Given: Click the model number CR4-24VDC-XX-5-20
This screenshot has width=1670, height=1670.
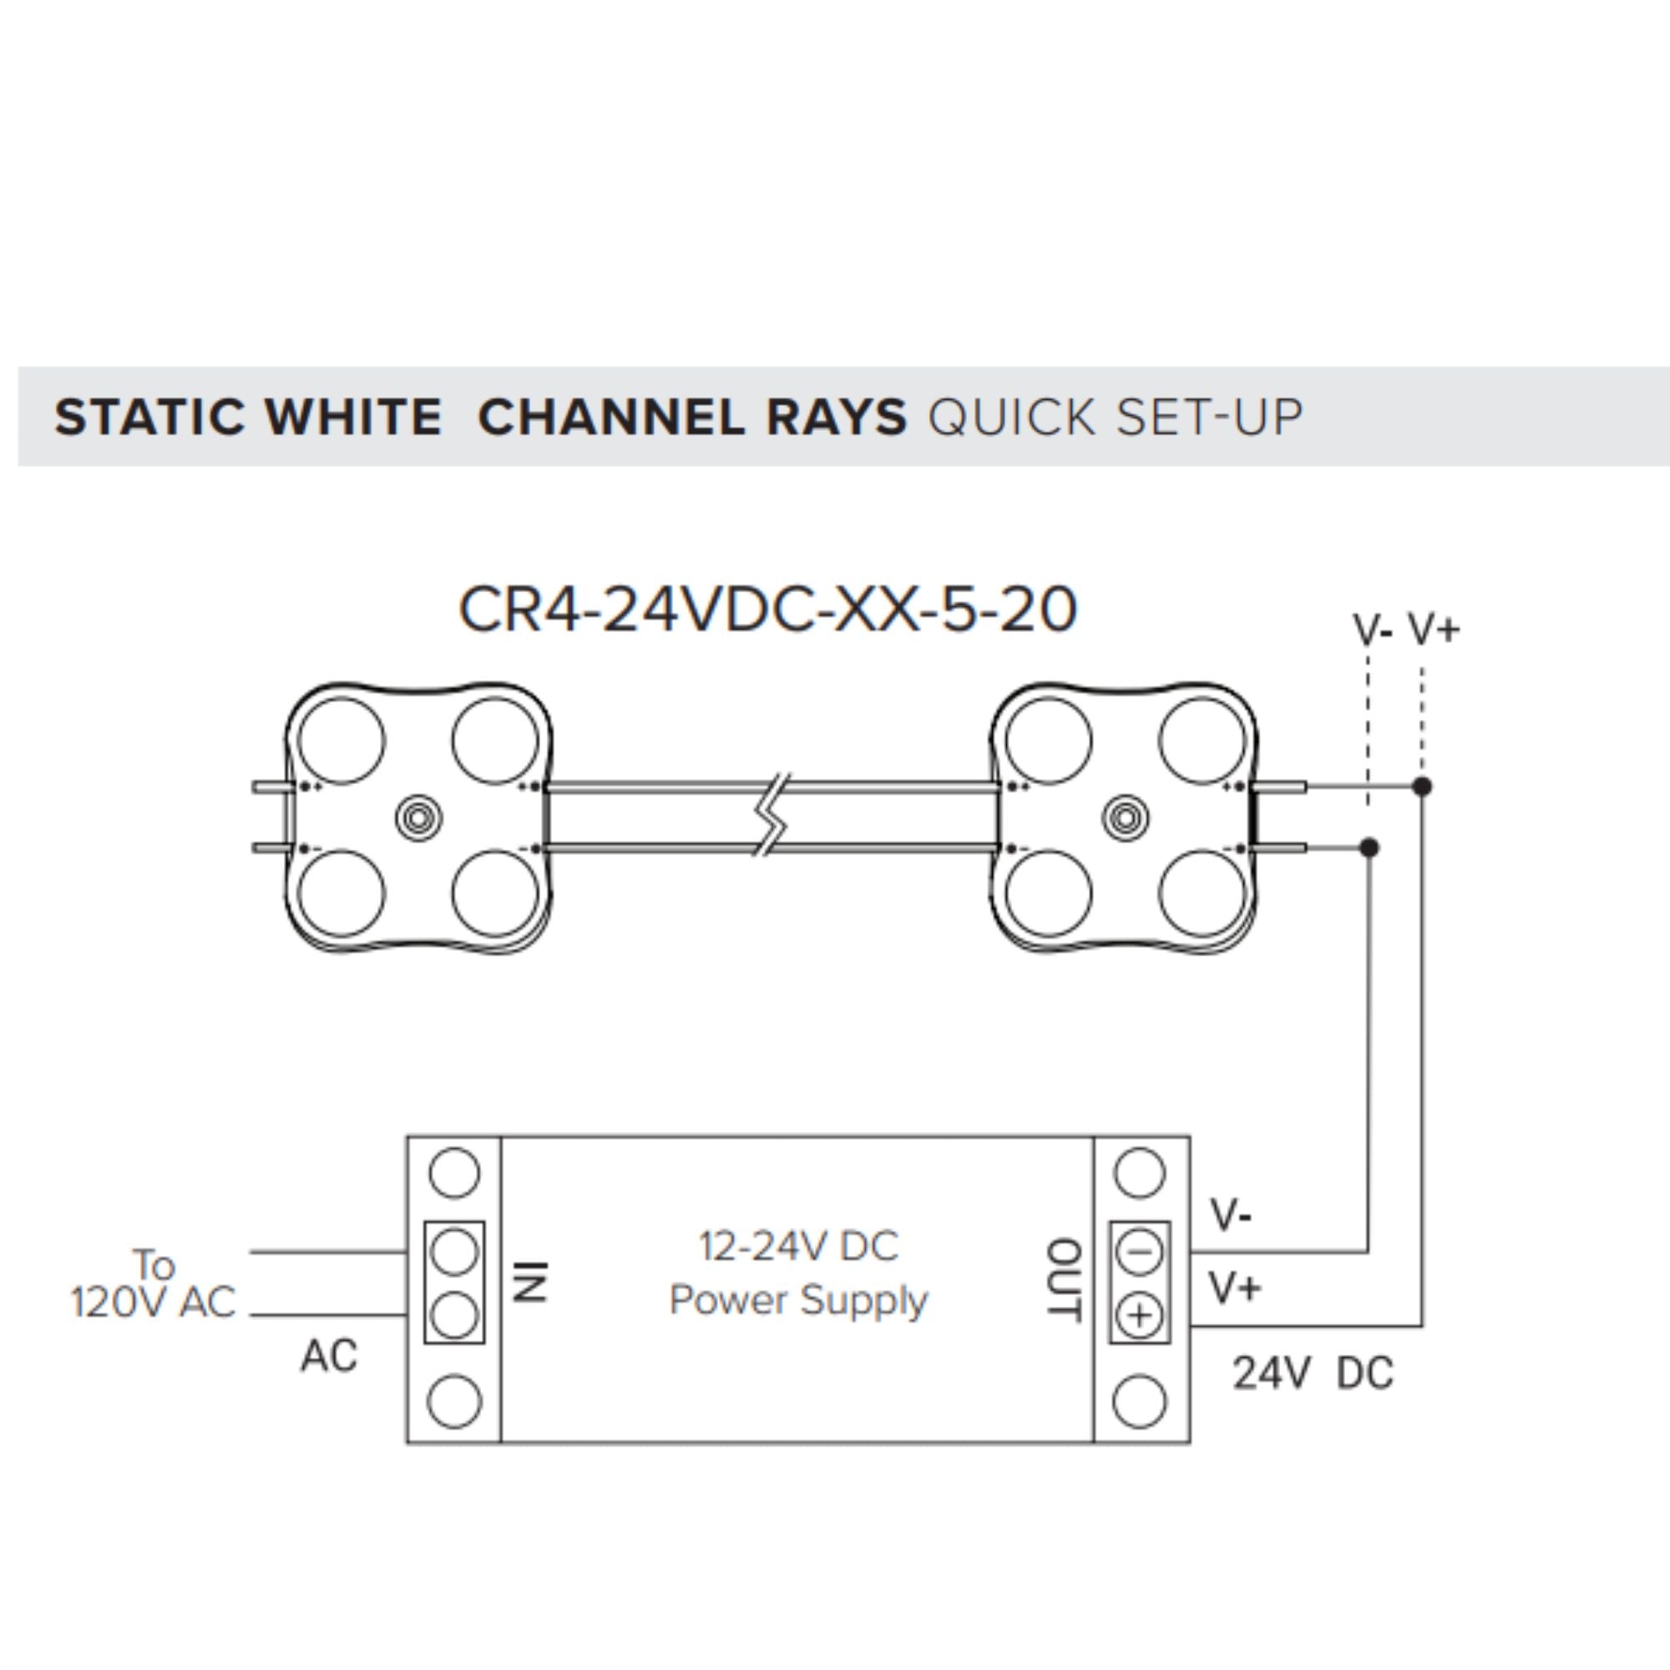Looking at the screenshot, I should click(x=767, y=610).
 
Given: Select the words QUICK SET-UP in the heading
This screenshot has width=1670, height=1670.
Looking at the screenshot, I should click(x=1114, y=417).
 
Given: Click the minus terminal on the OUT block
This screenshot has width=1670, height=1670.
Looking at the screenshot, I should click(x=1139, y=1252).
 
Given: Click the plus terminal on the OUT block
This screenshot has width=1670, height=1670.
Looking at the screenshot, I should click(x=1139, y=1316).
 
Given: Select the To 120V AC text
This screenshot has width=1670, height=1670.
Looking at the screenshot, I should click(x=154, y=1283).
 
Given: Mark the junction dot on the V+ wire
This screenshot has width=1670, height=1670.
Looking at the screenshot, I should click(x=1422, y=787).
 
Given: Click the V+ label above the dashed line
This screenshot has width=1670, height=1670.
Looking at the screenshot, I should click(x=1434, y=629).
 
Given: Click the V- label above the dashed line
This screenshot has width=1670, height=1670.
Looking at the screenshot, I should click(x=1372, y=630).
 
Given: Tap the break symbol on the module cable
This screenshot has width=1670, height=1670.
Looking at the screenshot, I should click(x=772, y=817).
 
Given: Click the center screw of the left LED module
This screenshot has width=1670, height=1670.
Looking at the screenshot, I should click(x=418, y=817).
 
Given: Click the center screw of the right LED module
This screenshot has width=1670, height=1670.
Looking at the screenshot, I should click(x=1126, y=817).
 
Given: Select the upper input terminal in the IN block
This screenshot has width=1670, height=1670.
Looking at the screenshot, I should click(x=453, y=1252).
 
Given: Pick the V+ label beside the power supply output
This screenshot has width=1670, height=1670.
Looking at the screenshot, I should click(x=1235, y=1288).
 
